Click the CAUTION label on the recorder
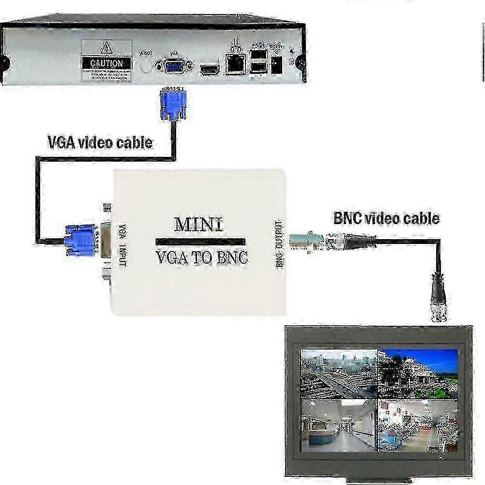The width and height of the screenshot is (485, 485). [x=106, y=63]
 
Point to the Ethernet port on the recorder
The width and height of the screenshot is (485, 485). [x=237, y=65]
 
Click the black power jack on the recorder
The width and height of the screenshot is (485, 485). [x=277, y=65]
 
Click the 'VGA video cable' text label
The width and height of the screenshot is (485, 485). [x=100, y=142]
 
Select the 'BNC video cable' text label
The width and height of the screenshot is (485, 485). [x=386, y=218]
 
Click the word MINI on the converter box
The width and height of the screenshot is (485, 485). [x=198, y=225]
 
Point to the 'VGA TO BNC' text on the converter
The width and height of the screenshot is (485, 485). [x=202, y=258]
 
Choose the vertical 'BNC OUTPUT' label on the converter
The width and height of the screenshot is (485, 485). [x=279, y=244]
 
